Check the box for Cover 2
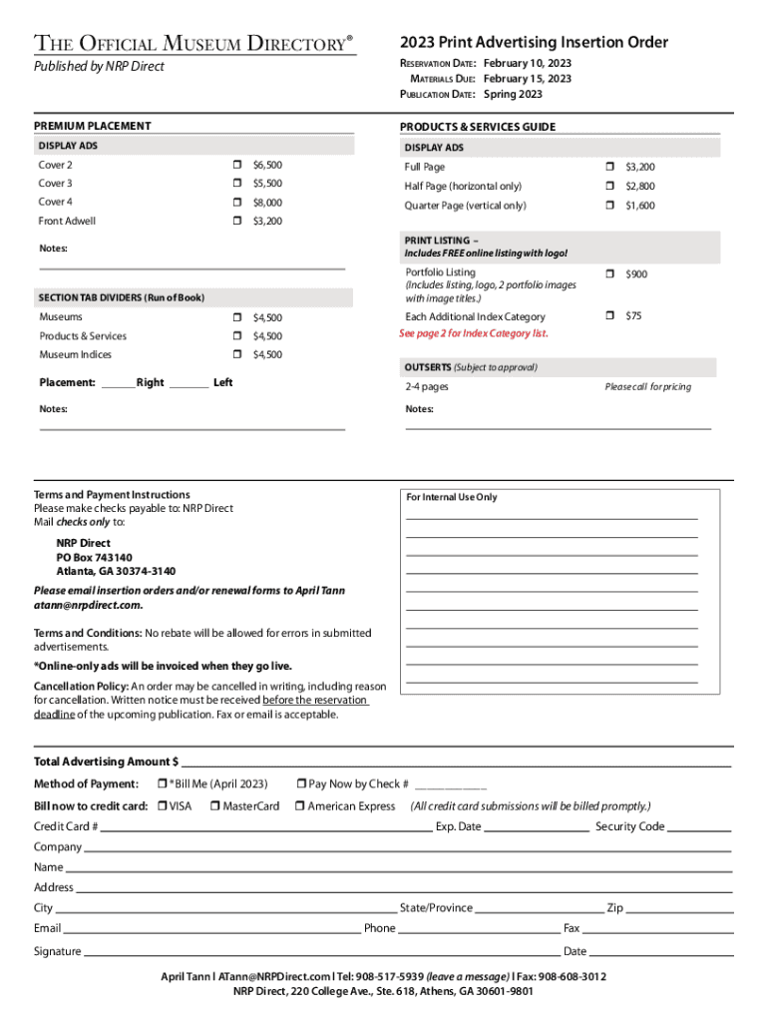237,165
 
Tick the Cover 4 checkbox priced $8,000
237,203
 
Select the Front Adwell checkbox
237,221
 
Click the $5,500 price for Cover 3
267,184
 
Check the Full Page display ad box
609,167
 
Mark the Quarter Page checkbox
609,206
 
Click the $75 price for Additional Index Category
633,316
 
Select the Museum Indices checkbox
237,354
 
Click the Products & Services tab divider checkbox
237,336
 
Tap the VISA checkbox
162,806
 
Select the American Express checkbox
299,806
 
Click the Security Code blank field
698,826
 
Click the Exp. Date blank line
536,826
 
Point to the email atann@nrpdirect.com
88,605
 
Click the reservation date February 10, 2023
528,63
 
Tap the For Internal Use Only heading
451,497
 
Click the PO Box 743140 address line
94,558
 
